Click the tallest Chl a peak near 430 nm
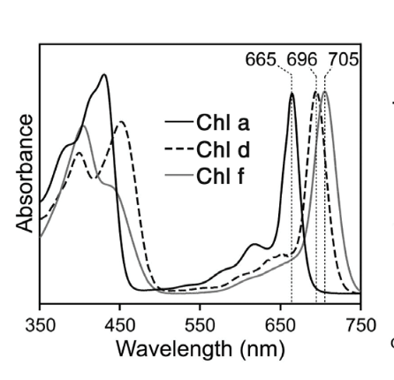(105, 75)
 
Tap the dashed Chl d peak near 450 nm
(121, 121)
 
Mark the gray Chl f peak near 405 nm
(83, 125)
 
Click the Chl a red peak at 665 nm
(292, 93)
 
